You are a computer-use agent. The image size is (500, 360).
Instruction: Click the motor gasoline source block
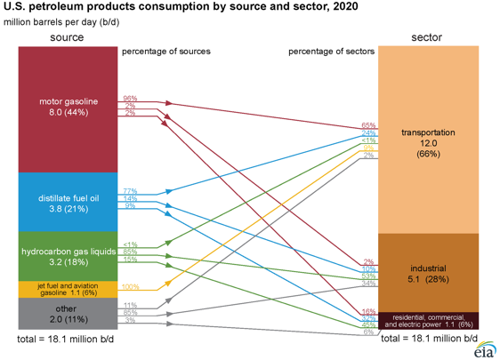tap(69, 107)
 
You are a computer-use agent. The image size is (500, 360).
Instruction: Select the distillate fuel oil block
tap(69, 203)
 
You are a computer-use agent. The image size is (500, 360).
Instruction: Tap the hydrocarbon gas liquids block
tap(69, 257)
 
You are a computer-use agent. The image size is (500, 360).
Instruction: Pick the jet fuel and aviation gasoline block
tap(69, 289)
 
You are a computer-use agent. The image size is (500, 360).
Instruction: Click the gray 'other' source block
tap(69, 314)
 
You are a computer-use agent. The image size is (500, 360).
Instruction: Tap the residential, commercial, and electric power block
tap(428, 320)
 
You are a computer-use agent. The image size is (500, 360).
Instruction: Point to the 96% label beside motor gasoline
tap(130, 98)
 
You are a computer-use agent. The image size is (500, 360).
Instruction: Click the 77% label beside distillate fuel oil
tap(130, 191)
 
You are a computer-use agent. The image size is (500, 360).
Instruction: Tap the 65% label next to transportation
tap(368, 125)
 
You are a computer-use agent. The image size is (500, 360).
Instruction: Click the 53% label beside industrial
tap(368, 276)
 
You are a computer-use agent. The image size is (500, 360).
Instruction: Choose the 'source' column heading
tap(68, 37)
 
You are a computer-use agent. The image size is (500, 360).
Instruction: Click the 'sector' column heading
tap(428, 37)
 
